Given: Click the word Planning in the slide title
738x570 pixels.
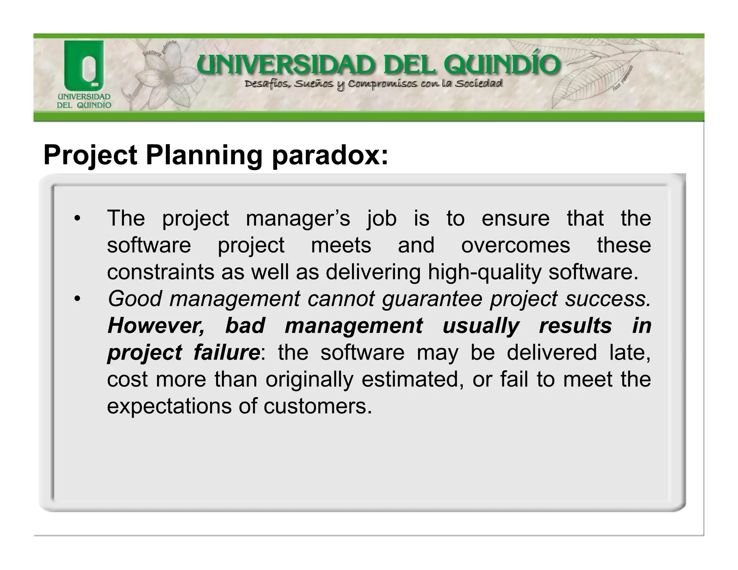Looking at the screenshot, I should [x=204, y=156].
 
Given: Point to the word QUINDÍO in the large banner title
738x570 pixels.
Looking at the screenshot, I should [x=502, y=65].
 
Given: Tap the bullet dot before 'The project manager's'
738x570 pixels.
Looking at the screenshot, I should [x=76, y=218].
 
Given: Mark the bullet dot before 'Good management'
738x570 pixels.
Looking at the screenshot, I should [x=76, y=299].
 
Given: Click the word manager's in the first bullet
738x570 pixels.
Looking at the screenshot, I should [x=298, y=218].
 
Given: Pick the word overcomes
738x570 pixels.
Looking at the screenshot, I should [x=516, y=245].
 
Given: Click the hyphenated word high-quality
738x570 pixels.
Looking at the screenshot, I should [x=484, y=272].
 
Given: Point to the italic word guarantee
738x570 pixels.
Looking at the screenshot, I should [x=432, y=299].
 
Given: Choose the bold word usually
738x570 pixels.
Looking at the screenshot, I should [x=481, y=326].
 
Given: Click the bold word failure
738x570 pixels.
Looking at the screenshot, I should [x=227, y=352].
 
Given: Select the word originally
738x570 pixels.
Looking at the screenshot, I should [x=310, y=379].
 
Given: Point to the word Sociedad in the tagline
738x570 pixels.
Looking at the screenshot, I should [x=478, y=84].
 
